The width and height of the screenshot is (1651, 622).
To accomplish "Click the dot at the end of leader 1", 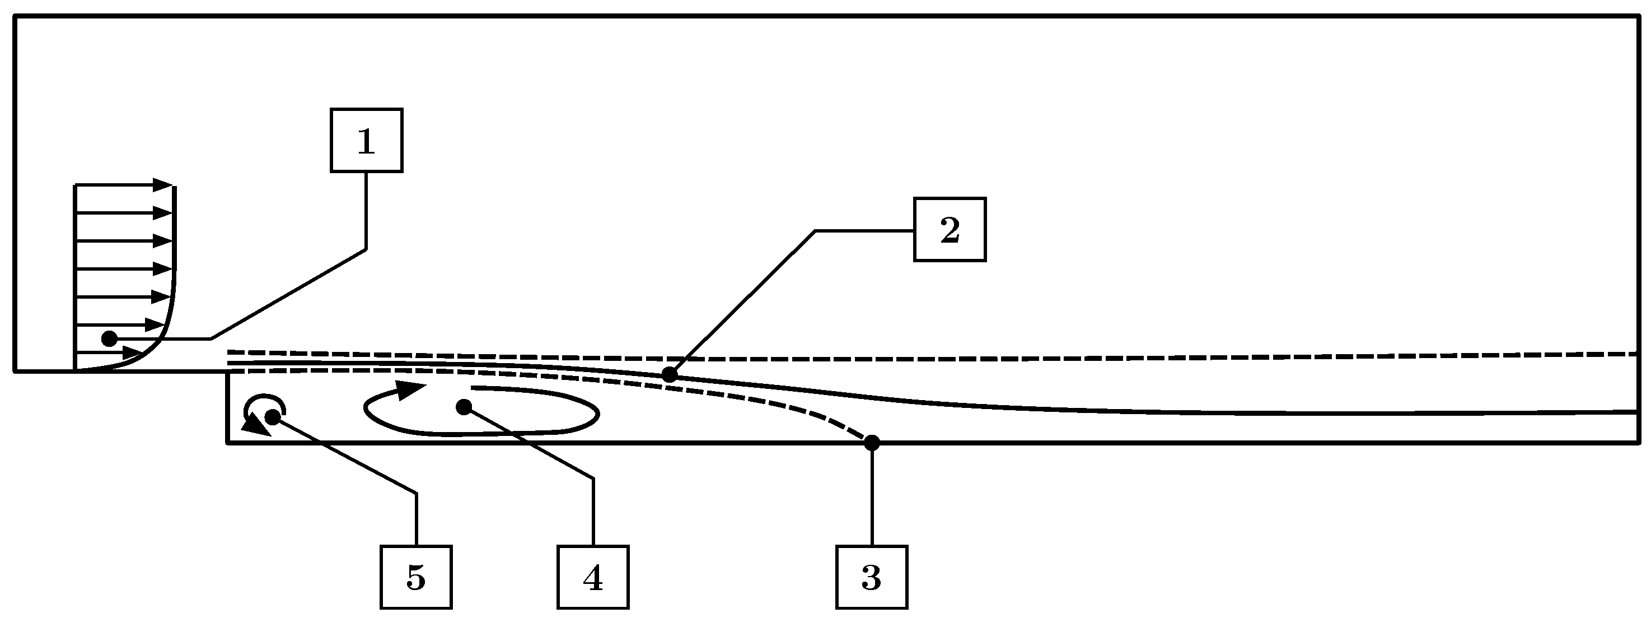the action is point(110,338).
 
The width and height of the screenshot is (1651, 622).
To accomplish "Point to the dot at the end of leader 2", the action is point(669,374).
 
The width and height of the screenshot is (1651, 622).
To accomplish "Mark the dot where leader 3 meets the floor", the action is point(872,443).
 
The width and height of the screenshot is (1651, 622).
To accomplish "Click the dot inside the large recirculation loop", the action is point(464,407).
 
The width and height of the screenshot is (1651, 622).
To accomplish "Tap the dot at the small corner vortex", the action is point(273,417).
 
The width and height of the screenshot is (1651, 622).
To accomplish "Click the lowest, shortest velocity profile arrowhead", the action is point(132,352).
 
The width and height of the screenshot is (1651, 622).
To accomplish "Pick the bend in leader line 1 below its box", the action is point(366,249).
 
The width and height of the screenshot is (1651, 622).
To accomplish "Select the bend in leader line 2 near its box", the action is point(815,231).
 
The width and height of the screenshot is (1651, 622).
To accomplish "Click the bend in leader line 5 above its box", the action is point(417,493).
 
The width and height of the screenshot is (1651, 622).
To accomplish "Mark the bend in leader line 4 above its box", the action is point(593,479).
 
